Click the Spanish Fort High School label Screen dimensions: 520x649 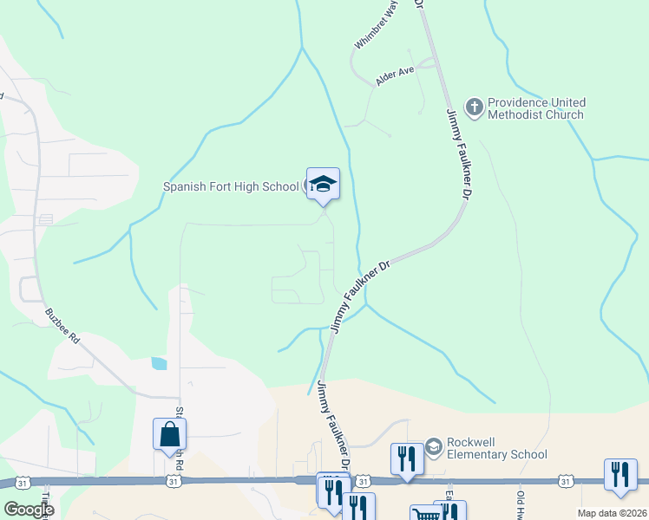click(232, 186)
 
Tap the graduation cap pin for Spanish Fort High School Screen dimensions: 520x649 click(323, 185)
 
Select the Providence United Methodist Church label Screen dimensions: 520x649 click(536, 108)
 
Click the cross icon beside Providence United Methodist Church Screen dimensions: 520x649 click(474, 107)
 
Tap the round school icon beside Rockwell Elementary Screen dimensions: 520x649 click(433, 447)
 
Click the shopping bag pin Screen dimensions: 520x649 click(169, 433)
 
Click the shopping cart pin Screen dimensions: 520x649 click(424, 514)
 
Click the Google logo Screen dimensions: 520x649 click(29, 510)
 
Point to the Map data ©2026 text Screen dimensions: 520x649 click(613, 513)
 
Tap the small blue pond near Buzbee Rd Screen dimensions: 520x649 click(158, 364)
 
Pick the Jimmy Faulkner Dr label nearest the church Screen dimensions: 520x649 click(457, 155)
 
